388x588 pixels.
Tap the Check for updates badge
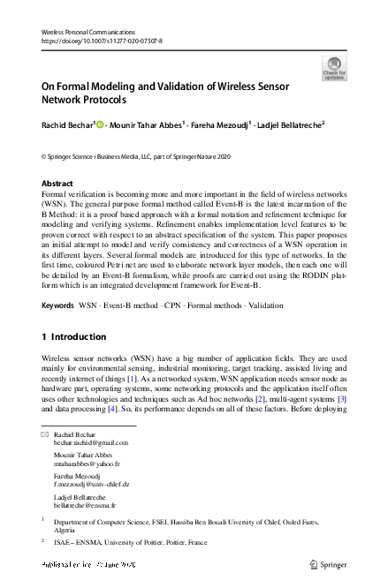pos(334,68)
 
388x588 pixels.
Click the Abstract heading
pos(57,184)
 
